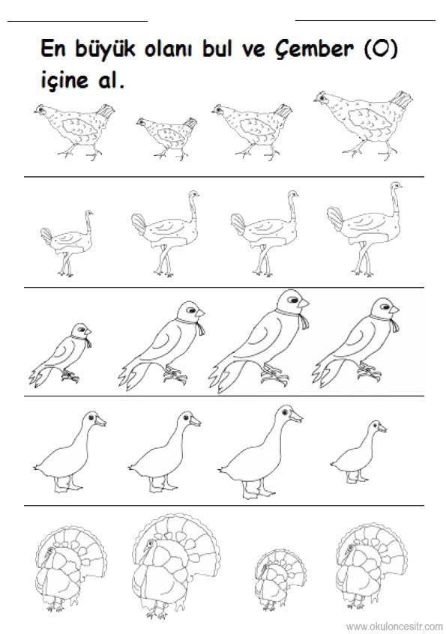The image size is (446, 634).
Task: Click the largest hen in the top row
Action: point(363,124)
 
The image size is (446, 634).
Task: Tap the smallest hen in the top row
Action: point(167,137)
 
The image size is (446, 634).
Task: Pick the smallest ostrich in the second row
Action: point(67,243)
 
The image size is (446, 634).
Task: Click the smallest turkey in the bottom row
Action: point(280,579)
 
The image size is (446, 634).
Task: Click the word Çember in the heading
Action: point(313,49)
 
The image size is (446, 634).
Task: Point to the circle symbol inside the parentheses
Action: point(381,49)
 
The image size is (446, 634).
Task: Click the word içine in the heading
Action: point(64,79)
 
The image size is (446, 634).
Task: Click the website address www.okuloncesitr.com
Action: point(394,627)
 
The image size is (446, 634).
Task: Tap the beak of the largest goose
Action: point(295,417)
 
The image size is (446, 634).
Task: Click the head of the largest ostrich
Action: point(396,186)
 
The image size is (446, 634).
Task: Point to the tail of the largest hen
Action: point(401,100)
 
